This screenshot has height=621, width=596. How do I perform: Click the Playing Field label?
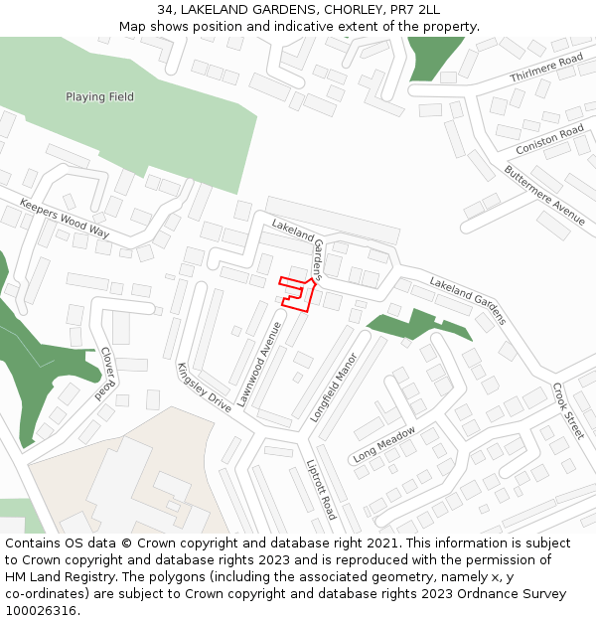[x=99, y=97]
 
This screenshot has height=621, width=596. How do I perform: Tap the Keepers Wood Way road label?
[x=65, y=218]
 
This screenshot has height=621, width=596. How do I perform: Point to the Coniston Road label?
[x=549, y=140]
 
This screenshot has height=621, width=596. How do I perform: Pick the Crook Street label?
[x=568, y=410]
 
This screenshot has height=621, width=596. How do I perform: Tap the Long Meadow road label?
[x=383, y=444]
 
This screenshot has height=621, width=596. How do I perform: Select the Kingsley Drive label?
[x=204, y=388]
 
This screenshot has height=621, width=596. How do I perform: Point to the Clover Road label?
[x=106, y=373]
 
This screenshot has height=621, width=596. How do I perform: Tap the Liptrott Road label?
[x=321, y=489]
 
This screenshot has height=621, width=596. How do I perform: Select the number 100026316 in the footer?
[x=43, y=611]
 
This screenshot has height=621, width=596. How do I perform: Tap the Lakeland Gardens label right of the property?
[x=468, y=301]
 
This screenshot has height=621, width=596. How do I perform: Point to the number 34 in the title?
[x=165, y=9]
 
